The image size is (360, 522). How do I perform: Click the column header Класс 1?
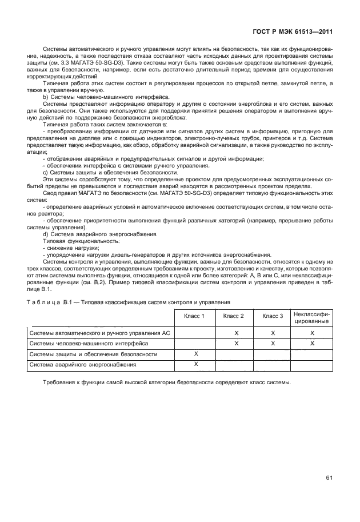click(195, 316)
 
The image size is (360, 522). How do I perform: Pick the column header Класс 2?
click(234, 316)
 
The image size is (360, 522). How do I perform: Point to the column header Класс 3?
click(273, 316)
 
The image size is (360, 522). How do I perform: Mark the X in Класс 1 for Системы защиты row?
click(195, 354)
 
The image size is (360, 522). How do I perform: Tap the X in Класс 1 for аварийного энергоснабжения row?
click(195, 364)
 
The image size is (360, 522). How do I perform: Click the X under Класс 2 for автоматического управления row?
click(235, 332)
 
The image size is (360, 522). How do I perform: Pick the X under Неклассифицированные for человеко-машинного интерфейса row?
click(312, 343)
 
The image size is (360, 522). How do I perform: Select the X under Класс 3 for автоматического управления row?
click(273, 332)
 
